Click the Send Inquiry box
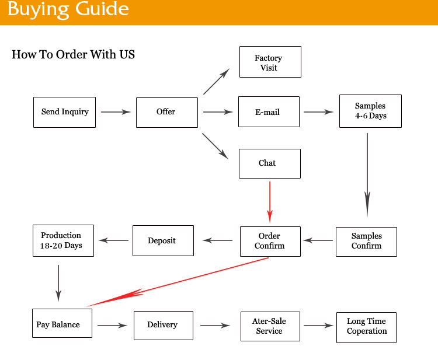(64, 111)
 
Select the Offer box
(166, 111)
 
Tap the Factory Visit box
(270, 62)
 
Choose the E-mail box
(269, 111)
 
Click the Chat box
(269, 163)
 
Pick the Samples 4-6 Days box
(370, 111)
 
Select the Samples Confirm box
(366, 241)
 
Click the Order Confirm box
(270, 241)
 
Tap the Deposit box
(162, 240)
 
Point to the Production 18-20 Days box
(61, 240)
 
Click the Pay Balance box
(61, 324)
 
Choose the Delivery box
(163, 325)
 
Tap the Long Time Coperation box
(366, 326)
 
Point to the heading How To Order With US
(73, 55)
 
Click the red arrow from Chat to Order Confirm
(269, 201)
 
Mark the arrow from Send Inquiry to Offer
(116, 111)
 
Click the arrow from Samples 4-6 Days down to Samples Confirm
(367, 175)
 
